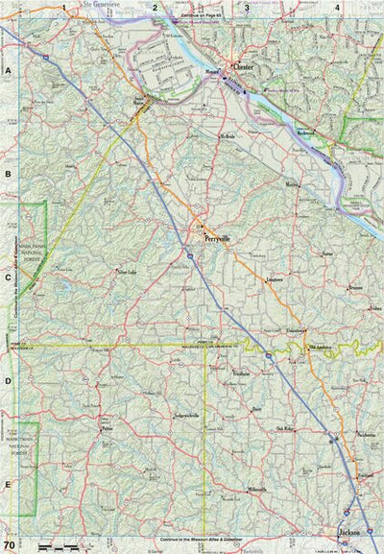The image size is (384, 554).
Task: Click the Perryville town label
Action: click(x=218, y=239)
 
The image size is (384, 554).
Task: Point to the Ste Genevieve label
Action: click(x=105, y=5)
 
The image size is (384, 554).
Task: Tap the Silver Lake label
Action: click(x=127, y=273)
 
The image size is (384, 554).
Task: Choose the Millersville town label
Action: click(x=255, y=490)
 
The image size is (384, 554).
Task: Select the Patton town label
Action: click(x=108, y=427)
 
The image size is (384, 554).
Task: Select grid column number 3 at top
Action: click(x=247, y=8)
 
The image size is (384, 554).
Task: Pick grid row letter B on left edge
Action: click(x=8, y=175)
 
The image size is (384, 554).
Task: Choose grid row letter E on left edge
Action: click(x=8, y=486)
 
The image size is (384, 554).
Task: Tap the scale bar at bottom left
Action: click(x=53, y=545)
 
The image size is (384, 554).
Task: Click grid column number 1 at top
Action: click(x=64, y=8)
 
